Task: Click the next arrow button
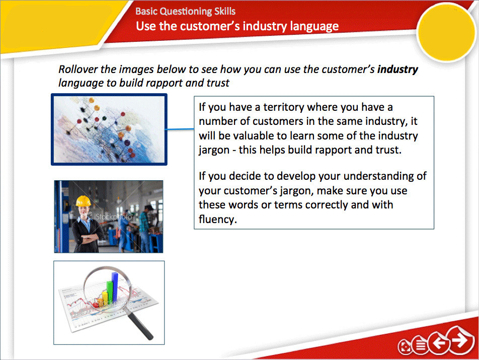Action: pos(459,341)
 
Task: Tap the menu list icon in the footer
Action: pos(420,346)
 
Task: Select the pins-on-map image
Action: pos(109,129)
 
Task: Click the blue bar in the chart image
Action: pos(115,284)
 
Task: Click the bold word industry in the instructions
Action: pos(397,69)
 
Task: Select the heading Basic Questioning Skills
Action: pos(185,11)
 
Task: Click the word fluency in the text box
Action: pos(217,220)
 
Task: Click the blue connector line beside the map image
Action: pos(180,130)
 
